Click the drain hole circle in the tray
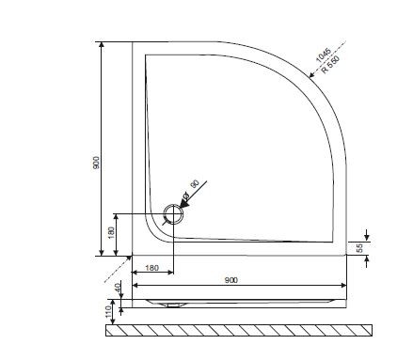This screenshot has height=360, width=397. point(171,215)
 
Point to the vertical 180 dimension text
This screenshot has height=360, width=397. point(112,232)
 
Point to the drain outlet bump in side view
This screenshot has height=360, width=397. point(169,305)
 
